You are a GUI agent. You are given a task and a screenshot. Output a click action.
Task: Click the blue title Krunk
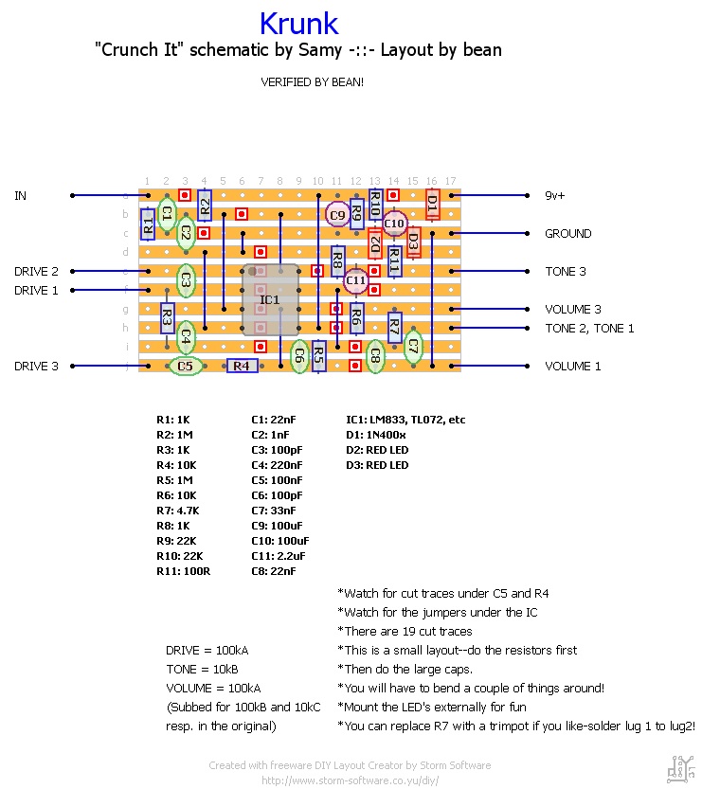coord(298,23)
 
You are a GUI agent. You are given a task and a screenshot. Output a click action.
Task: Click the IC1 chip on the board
coord(270,300)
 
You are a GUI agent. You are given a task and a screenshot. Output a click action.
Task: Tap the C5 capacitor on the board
coord(186,366)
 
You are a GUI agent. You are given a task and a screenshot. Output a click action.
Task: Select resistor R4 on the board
coord(242,366)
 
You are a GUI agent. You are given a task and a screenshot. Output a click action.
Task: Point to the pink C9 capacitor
coord(337,215)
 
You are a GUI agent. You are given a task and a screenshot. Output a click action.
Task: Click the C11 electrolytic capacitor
coord(355,280)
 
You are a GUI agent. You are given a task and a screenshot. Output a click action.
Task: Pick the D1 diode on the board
coord(432,202)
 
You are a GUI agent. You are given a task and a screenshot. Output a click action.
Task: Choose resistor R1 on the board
coord(148,224)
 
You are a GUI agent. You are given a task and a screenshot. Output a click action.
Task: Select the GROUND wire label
coord(567,234)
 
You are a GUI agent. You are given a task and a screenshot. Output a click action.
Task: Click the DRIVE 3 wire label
coord(36,367)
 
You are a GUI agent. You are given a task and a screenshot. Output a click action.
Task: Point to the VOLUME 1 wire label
coord(572,367)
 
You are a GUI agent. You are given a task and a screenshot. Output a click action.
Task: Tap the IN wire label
coord(20,196)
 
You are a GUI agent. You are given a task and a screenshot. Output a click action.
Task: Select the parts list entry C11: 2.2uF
coord(279,556)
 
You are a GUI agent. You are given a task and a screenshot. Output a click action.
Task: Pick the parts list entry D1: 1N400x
coord(379,435)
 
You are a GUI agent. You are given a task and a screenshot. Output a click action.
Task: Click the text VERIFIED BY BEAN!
coord(312,82)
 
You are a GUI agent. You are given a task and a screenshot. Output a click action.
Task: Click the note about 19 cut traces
coord(405,632)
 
